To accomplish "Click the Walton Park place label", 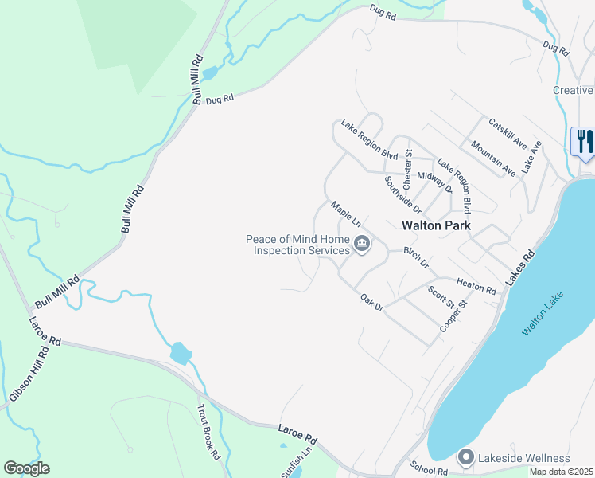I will point(436,225).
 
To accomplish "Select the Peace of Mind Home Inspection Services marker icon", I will point(362,245).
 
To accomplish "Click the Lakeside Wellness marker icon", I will point(465,458).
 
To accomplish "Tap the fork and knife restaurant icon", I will point(585,142).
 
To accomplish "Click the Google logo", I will point(26,468).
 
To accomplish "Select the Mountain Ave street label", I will point(493,158).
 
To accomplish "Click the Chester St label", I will point(407,163).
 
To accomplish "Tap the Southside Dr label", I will point(402,190).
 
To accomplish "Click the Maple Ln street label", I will point(346,214).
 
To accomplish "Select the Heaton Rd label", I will point(476,287).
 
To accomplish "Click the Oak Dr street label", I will point(372,302).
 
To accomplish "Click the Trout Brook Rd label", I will point(208,433).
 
